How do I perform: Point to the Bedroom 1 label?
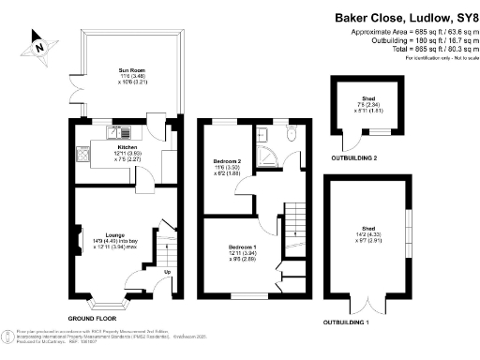(x=243, y=247)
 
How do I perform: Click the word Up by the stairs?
(x=168, y=272)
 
